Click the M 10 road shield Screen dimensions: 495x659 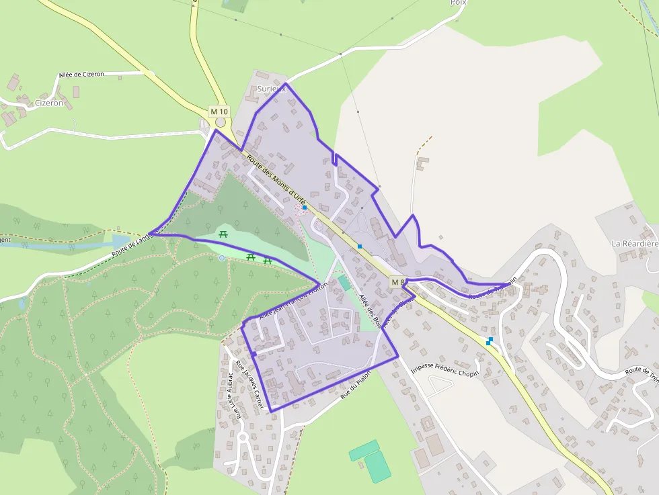[x=219, y=111]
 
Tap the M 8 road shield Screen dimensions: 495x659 [x=398, y=282]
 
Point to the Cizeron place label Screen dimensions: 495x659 [x=48, y=103]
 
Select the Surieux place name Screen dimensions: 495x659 [x=272, y=89]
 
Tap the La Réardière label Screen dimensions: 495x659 [x=634, y=242]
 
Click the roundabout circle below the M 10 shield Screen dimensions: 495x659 [x=221, y=122]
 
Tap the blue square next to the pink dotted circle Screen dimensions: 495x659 [x=305, y=208]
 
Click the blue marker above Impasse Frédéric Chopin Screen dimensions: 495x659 [x=489, y=341]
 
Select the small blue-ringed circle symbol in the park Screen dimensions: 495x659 [x=222, y=258]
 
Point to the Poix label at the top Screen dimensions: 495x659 [x=458, y=3]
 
